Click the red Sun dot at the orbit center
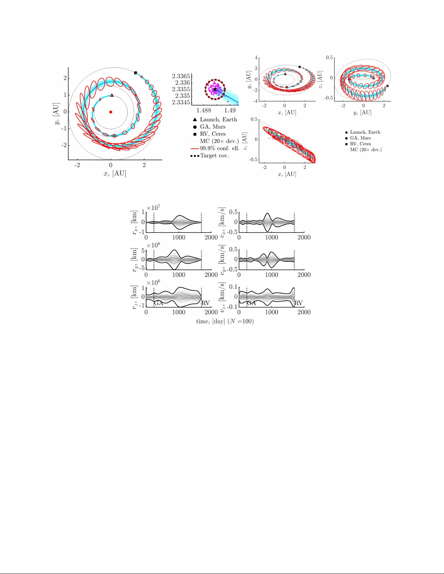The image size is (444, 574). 111,112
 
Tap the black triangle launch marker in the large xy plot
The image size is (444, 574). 112,95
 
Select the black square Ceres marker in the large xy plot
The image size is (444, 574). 136,73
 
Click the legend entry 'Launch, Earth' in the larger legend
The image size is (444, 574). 218,120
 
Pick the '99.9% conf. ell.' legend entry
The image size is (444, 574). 219,148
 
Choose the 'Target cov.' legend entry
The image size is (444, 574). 214,155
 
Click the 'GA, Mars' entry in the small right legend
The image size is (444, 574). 360,138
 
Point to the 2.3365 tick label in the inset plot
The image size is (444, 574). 181,76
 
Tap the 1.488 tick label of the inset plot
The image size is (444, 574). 204,110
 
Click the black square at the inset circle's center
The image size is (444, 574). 215,89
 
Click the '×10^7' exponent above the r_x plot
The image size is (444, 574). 153,208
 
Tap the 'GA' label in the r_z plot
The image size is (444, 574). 159,303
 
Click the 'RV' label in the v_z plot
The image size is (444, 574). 298,303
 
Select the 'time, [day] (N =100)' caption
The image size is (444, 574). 225,321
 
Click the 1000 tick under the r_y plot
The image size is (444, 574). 179,275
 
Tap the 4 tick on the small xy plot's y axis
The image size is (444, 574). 256,58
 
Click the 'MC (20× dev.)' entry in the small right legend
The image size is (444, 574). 365,150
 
